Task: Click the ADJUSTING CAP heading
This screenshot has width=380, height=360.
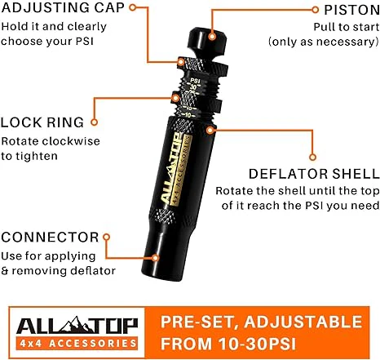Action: tap(61, 10)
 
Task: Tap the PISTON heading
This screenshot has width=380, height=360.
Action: tap(345, 10)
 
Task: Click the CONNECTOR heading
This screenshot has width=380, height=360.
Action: tap(51, 238)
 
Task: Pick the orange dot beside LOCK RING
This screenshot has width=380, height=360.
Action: tap(94, 122)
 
